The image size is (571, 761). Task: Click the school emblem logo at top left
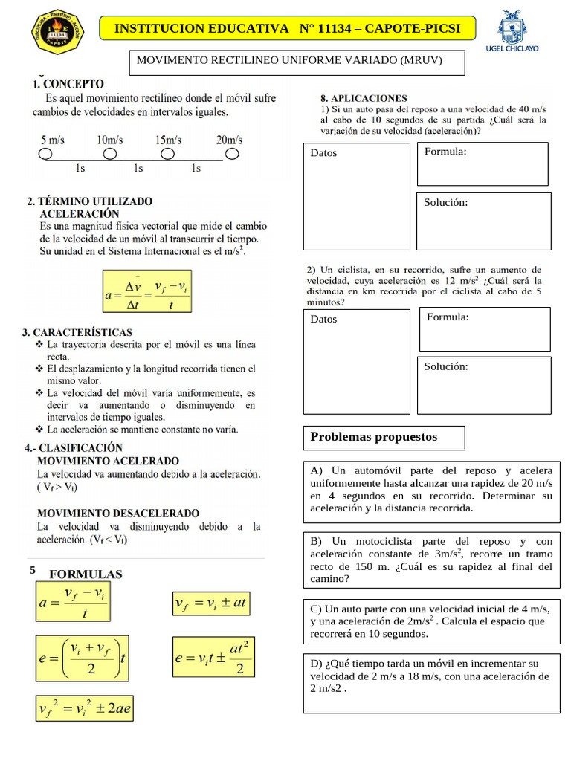click(x=59, y=30)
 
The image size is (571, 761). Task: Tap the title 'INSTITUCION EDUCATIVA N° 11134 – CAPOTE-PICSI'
click(x=287, y=29)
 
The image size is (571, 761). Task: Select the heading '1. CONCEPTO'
click(x=68, y=84)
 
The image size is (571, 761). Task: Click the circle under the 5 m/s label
click(x=45, y=154)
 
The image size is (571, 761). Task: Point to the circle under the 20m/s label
click(x=232, y=154)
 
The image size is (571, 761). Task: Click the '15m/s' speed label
click(x=170, y=140)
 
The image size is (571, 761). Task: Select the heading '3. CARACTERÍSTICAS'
click(x=77, y=332)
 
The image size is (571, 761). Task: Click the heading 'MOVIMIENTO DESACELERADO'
click(x=118, y=513)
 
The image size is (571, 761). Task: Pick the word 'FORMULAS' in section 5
click(x=86, y=574)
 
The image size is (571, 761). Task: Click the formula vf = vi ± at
click(x=210, y=603)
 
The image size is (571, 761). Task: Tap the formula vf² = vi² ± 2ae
click(x=85, y=709)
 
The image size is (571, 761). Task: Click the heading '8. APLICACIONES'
click(x=364, y=98)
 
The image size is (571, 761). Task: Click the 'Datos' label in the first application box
click(x=323, y=153)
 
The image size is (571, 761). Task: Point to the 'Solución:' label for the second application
click(x=446, y=366)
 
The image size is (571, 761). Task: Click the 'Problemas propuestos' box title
click(x=373, y=437)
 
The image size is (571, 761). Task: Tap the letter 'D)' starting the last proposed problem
click(x=316, y=664)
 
